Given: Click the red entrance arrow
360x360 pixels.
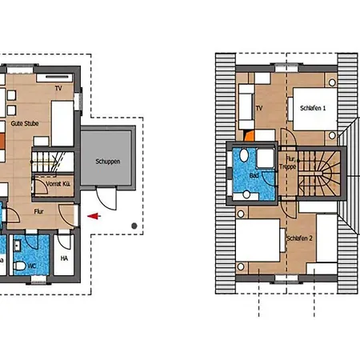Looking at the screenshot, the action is point(94,216).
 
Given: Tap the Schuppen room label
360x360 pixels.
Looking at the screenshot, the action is point(108,162).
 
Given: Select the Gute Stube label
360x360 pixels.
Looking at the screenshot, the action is point(25,123).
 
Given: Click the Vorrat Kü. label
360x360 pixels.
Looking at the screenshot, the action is point(58,184).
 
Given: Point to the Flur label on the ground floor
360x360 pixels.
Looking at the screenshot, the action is point(38,211).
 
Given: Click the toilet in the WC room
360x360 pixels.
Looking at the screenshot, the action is point(19,266).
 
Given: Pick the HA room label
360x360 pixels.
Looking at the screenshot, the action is point(64,258).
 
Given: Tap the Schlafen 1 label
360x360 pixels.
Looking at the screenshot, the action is point(313,108).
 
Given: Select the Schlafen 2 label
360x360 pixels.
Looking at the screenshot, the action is point(299,238).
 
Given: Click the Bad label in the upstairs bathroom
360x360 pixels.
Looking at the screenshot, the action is point(254,175).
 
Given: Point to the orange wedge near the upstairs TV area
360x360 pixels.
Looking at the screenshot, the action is point(250,136).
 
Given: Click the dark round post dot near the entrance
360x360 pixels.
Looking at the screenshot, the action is point(134,226).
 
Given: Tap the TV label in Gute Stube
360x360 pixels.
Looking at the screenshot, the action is point(58,88).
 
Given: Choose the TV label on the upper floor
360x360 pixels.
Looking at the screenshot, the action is point(259,108).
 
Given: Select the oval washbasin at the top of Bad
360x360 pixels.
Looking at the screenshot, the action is point(244,155).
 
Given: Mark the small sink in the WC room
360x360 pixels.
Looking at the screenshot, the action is point(18,246).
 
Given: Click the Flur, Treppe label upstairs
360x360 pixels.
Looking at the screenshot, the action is point(288,162).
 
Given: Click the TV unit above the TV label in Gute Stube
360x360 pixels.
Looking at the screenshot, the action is point(54,78).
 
